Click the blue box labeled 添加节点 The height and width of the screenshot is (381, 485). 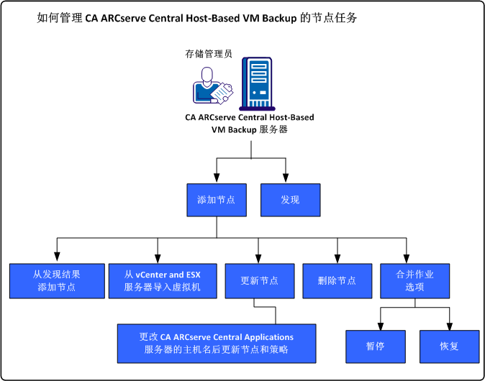217,200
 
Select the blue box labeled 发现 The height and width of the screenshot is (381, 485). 290,200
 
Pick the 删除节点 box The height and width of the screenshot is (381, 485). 337,280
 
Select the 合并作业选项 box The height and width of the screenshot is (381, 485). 415,280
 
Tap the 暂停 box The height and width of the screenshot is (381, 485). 375,346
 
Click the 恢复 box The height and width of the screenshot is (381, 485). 449,346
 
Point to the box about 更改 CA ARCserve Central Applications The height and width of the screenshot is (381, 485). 217,343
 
